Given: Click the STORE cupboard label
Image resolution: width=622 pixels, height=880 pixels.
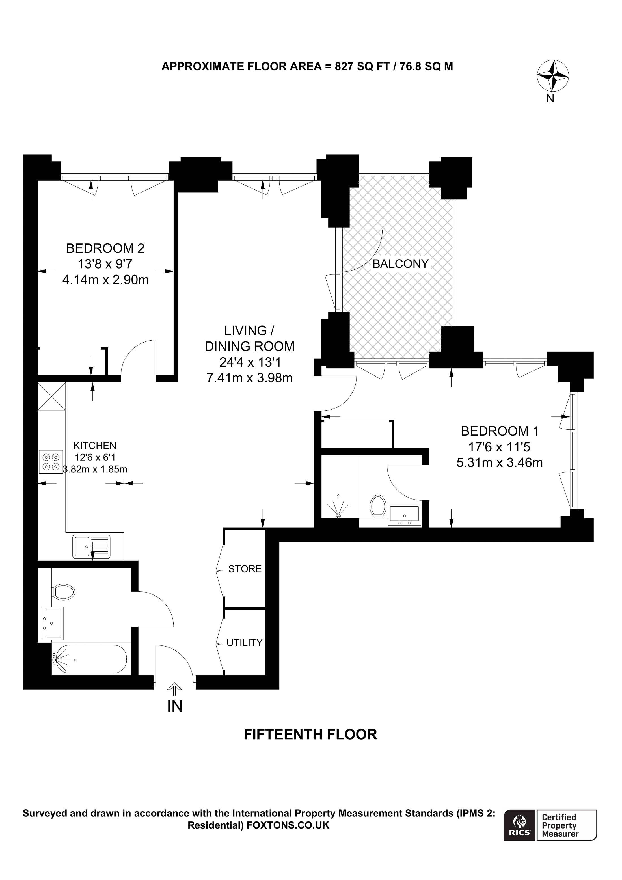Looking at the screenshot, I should tap(245, 569).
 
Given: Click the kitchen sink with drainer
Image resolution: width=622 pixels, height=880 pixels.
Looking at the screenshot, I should tap(92, 546).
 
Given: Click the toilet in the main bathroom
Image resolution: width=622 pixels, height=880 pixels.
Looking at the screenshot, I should tap(63, 592).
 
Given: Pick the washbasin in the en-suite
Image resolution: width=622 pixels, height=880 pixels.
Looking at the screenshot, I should tap(405, 514).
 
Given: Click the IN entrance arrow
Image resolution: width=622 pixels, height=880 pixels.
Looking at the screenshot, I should tap(175, 689).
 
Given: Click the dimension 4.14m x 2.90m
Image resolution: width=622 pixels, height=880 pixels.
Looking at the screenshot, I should tap(105, 280).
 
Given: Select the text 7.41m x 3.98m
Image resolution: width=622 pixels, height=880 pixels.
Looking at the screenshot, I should tap(249, 378).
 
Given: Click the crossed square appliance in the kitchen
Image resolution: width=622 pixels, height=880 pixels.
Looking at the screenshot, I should tap(51, 396).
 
